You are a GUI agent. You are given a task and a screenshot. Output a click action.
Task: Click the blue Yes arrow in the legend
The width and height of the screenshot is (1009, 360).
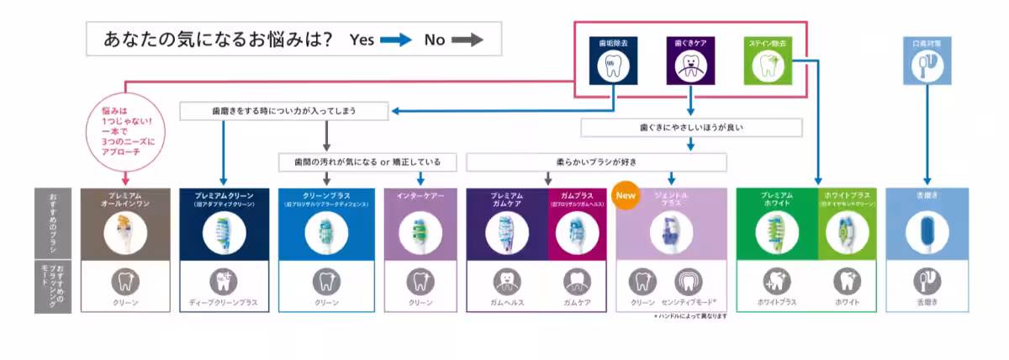click(396, 40)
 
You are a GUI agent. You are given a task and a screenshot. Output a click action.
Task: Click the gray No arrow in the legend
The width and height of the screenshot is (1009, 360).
click(469, 40)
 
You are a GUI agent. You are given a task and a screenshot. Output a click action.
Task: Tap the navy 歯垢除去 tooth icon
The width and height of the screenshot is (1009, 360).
click(614, 65)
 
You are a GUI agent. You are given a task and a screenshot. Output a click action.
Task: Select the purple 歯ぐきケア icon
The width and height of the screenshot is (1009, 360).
click(690, 65)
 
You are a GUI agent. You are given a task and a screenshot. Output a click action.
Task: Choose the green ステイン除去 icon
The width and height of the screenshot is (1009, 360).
click(767, 65)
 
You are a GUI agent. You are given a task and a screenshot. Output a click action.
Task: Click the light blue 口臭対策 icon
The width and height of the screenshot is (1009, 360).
click(927, 65)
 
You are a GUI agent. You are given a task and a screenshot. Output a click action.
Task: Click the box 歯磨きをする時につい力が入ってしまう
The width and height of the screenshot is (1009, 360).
click(285, 111)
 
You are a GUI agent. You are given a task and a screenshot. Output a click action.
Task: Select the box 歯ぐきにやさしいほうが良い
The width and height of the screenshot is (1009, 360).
click(691, 128)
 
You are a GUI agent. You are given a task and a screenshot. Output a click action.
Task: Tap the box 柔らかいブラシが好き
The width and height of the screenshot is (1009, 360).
click(596, 161)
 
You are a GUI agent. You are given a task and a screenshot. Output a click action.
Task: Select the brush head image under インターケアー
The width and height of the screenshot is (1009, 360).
click(420, 233)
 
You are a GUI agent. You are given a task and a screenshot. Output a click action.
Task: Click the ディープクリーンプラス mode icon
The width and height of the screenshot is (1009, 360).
click(223, 281)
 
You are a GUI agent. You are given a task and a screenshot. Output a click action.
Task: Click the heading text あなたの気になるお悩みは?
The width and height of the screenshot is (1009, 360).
click(216, 40)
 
